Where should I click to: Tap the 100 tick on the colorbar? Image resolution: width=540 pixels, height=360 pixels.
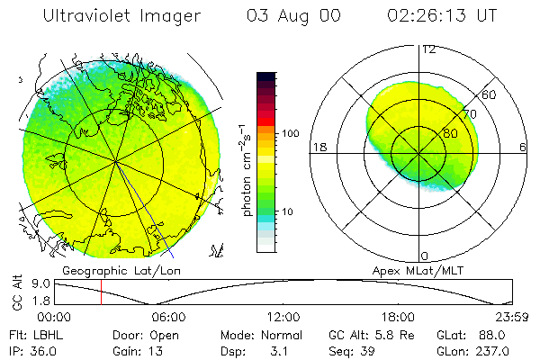[290, 132]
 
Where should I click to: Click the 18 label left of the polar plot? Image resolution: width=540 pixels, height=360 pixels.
[318, 147]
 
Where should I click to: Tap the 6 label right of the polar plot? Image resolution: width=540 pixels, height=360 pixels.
[523, 147]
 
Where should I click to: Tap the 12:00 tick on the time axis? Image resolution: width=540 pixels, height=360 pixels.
[284, 317]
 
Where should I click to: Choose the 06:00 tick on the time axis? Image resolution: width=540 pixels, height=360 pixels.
[169, 317]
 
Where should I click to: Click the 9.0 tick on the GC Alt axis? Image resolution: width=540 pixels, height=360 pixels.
[38, 283]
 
